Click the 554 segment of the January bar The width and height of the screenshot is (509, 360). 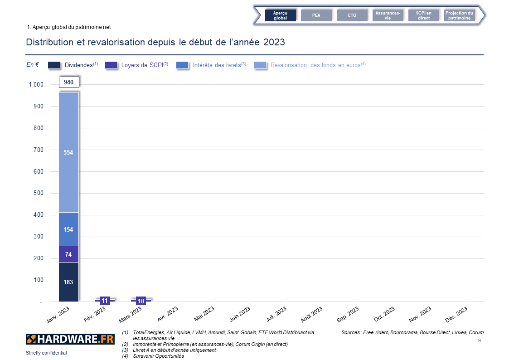68,152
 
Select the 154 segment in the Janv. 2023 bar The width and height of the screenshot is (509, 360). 68,229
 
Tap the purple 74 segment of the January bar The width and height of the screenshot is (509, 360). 68,254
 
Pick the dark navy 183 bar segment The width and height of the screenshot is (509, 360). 68,282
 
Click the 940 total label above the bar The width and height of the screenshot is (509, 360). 69,82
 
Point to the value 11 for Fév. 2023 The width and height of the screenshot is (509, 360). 105,301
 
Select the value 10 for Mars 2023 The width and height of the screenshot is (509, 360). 141,301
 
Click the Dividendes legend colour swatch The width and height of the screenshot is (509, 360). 54,65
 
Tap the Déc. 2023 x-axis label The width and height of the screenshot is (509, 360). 456,315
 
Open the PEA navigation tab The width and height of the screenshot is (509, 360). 316,15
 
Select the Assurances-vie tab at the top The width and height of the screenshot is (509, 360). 388,15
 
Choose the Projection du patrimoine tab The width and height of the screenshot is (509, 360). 459,15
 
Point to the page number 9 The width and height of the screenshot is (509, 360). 480,341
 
